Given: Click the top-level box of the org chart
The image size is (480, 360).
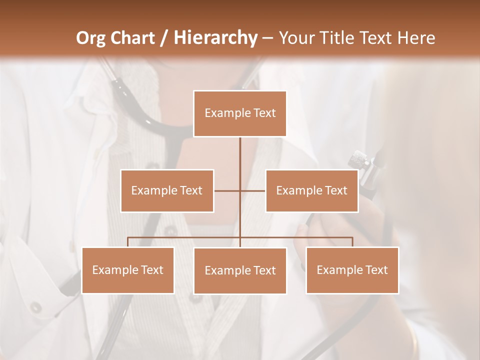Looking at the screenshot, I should (x=240, y=113).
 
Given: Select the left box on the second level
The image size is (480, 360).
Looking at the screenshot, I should (x=167, y=190).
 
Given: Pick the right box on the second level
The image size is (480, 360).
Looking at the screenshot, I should (x=311, y=190).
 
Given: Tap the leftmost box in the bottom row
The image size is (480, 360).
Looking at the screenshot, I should (x=128, y=270).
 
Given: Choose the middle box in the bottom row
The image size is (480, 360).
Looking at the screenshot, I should (x=240, y=270).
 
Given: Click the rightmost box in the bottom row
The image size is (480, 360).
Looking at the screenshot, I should (x=352, y=270).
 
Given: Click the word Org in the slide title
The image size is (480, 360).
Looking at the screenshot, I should (x=90, y=38).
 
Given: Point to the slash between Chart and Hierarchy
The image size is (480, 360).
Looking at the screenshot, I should (x=164, y=38).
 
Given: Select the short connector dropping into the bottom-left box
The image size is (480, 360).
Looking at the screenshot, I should (x=128, y=242).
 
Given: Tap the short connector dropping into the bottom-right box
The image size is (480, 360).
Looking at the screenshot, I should (x=352, y=242).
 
